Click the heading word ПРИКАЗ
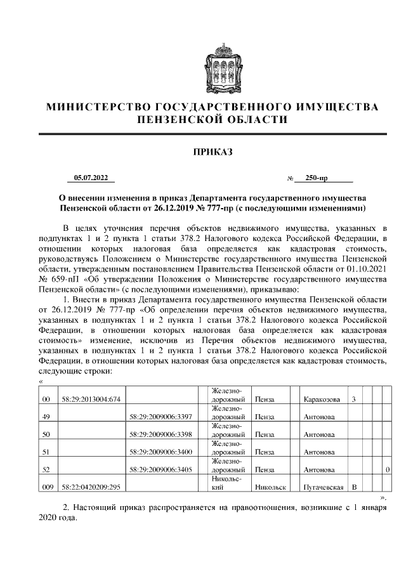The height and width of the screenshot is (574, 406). pos(213,152)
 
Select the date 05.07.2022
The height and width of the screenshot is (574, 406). pos(91,178)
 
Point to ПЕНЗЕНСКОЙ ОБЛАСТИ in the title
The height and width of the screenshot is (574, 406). pos(213,119)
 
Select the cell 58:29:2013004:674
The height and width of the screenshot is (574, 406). pos(91,400)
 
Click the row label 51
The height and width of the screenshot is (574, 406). pos(45,452)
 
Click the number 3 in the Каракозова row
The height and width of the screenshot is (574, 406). pos(353,400)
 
